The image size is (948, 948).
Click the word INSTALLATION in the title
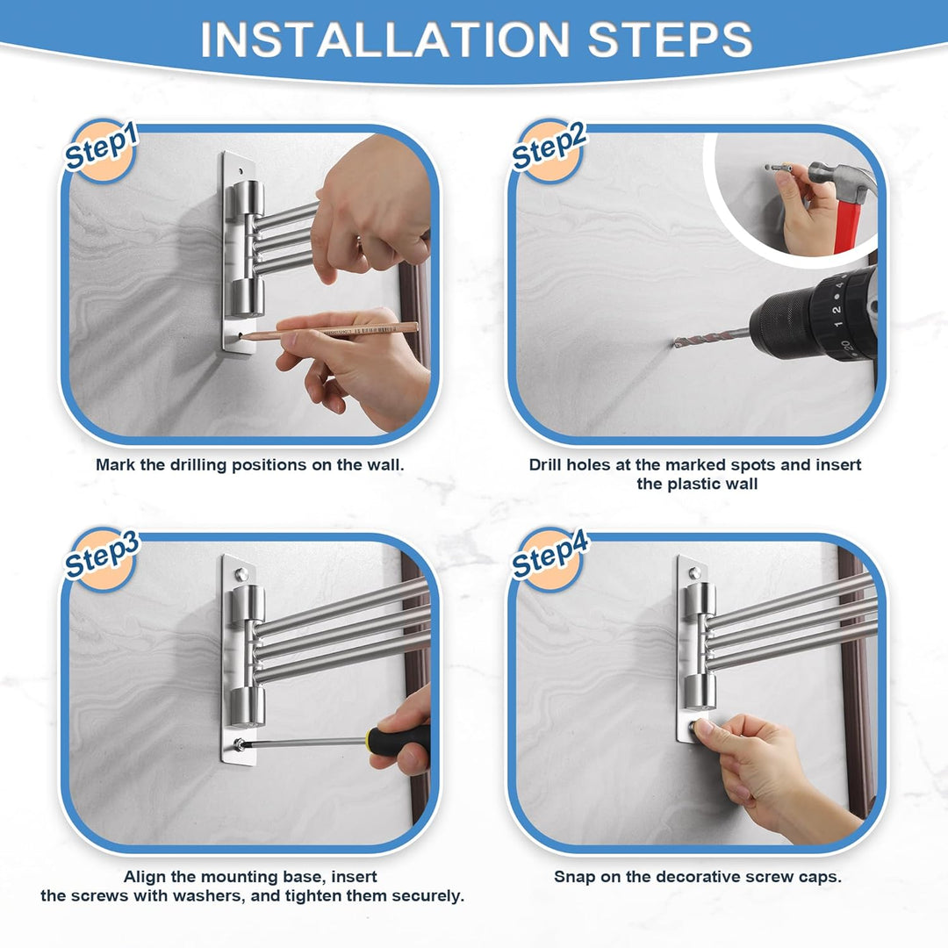(385, 39)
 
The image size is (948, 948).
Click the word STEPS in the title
(670, 39)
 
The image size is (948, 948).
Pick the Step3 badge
(101, 557)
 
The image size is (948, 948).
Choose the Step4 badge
(549, 557)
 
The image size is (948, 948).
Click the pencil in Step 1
(329, 332)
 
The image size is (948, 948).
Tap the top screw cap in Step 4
(693, 573)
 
